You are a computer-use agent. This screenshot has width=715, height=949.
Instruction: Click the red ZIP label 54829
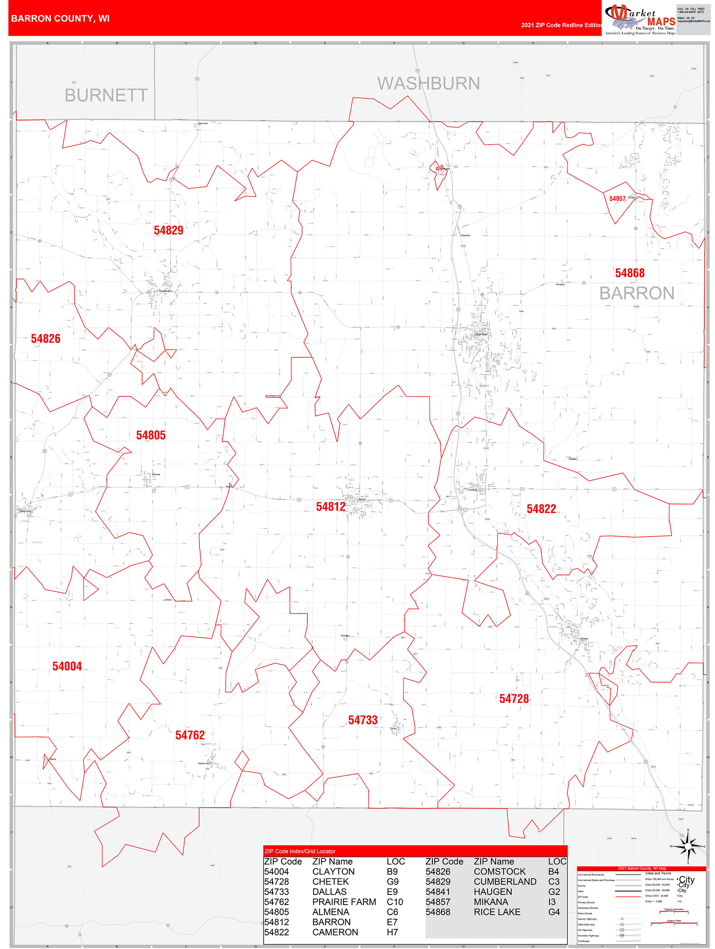pyautogui.click(x=168, y=230)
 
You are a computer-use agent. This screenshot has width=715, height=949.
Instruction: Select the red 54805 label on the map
pyautogui.click(x=151, y=435)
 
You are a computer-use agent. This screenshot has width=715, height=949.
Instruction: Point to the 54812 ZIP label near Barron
pyautogui.click(x=330, y=507)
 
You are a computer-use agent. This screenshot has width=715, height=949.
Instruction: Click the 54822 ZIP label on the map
pyautogui.click(x=541, y=509)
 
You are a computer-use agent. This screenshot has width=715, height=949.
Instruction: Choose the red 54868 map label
pyautogui.click(x=630, y=273)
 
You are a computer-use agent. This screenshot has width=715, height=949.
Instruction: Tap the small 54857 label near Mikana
pyautogui.click(x=617, y=199)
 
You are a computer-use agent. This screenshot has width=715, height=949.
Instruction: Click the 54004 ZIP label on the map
pyautogui.click(x=67, y=666)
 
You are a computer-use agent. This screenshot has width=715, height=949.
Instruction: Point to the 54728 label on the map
pyautogui.click(x=514, y=699)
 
